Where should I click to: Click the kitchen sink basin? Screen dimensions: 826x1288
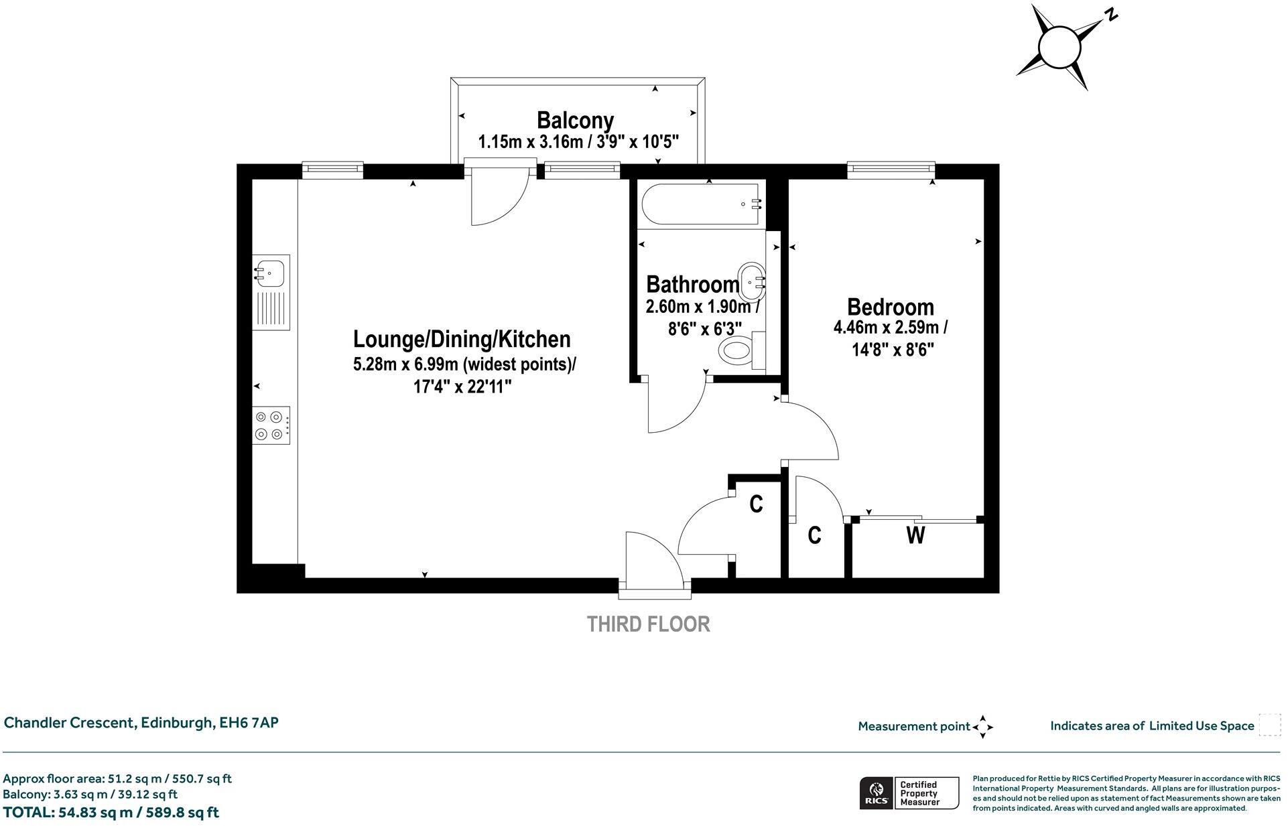click(270, 273)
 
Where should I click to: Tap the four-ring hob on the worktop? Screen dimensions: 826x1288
click(271, 425)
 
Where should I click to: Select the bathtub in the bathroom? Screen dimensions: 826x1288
click(701, 204)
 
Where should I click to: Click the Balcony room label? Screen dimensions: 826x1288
click(575, 121)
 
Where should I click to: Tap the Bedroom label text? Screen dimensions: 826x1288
click(890, 307)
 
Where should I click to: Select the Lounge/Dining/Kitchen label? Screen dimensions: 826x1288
click(462, 339)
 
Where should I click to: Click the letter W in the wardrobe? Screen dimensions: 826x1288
click(915, 536)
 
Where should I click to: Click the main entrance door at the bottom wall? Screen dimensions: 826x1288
click(653, 563)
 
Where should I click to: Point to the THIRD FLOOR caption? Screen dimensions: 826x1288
click(648, 624)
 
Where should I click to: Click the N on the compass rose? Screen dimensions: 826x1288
click(1111, 15)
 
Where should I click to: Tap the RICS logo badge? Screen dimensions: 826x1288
click(876, 794)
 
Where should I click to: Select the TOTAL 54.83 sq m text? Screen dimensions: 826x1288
click(111, 813)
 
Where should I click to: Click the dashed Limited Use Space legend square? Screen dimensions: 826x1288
click(1269, 726)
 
